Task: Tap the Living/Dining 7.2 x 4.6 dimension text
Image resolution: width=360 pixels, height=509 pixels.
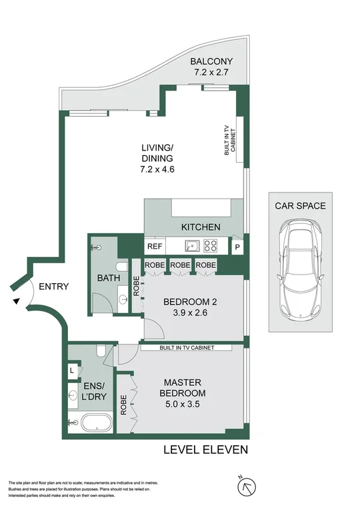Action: [157, 169]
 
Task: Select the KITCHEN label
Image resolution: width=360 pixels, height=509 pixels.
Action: [201, 227]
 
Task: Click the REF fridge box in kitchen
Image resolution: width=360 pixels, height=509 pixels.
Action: [155, 246]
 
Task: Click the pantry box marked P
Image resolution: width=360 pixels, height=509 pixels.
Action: [237, 247]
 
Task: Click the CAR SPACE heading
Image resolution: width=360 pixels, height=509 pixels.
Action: [300, 206]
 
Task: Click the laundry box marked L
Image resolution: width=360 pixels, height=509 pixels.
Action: [72, 370]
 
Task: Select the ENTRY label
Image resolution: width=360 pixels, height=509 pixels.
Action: [54, 286]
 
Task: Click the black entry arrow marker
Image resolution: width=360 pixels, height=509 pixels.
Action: [16, 302]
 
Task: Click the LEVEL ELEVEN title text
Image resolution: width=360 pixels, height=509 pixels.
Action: [205, 450]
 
